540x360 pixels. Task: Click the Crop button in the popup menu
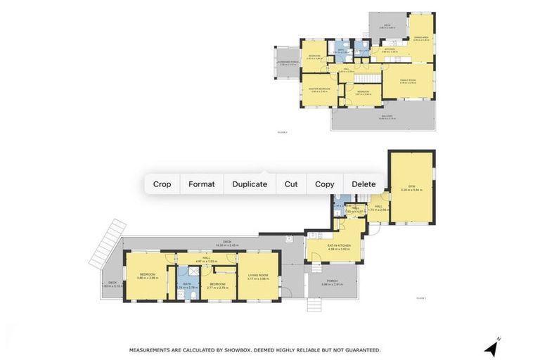click(162, 184)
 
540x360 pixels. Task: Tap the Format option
click(201, 184)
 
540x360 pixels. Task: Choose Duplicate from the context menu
click(250, 184)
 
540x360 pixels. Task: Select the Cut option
click(291, 184)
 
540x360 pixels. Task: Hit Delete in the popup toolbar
click(364, 184)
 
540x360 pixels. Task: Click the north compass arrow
click(491, 347)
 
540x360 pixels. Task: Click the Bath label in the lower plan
click(187, 284)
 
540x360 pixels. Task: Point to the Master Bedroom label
click(319, 89)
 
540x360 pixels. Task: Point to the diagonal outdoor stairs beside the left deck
click(108, 242)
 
